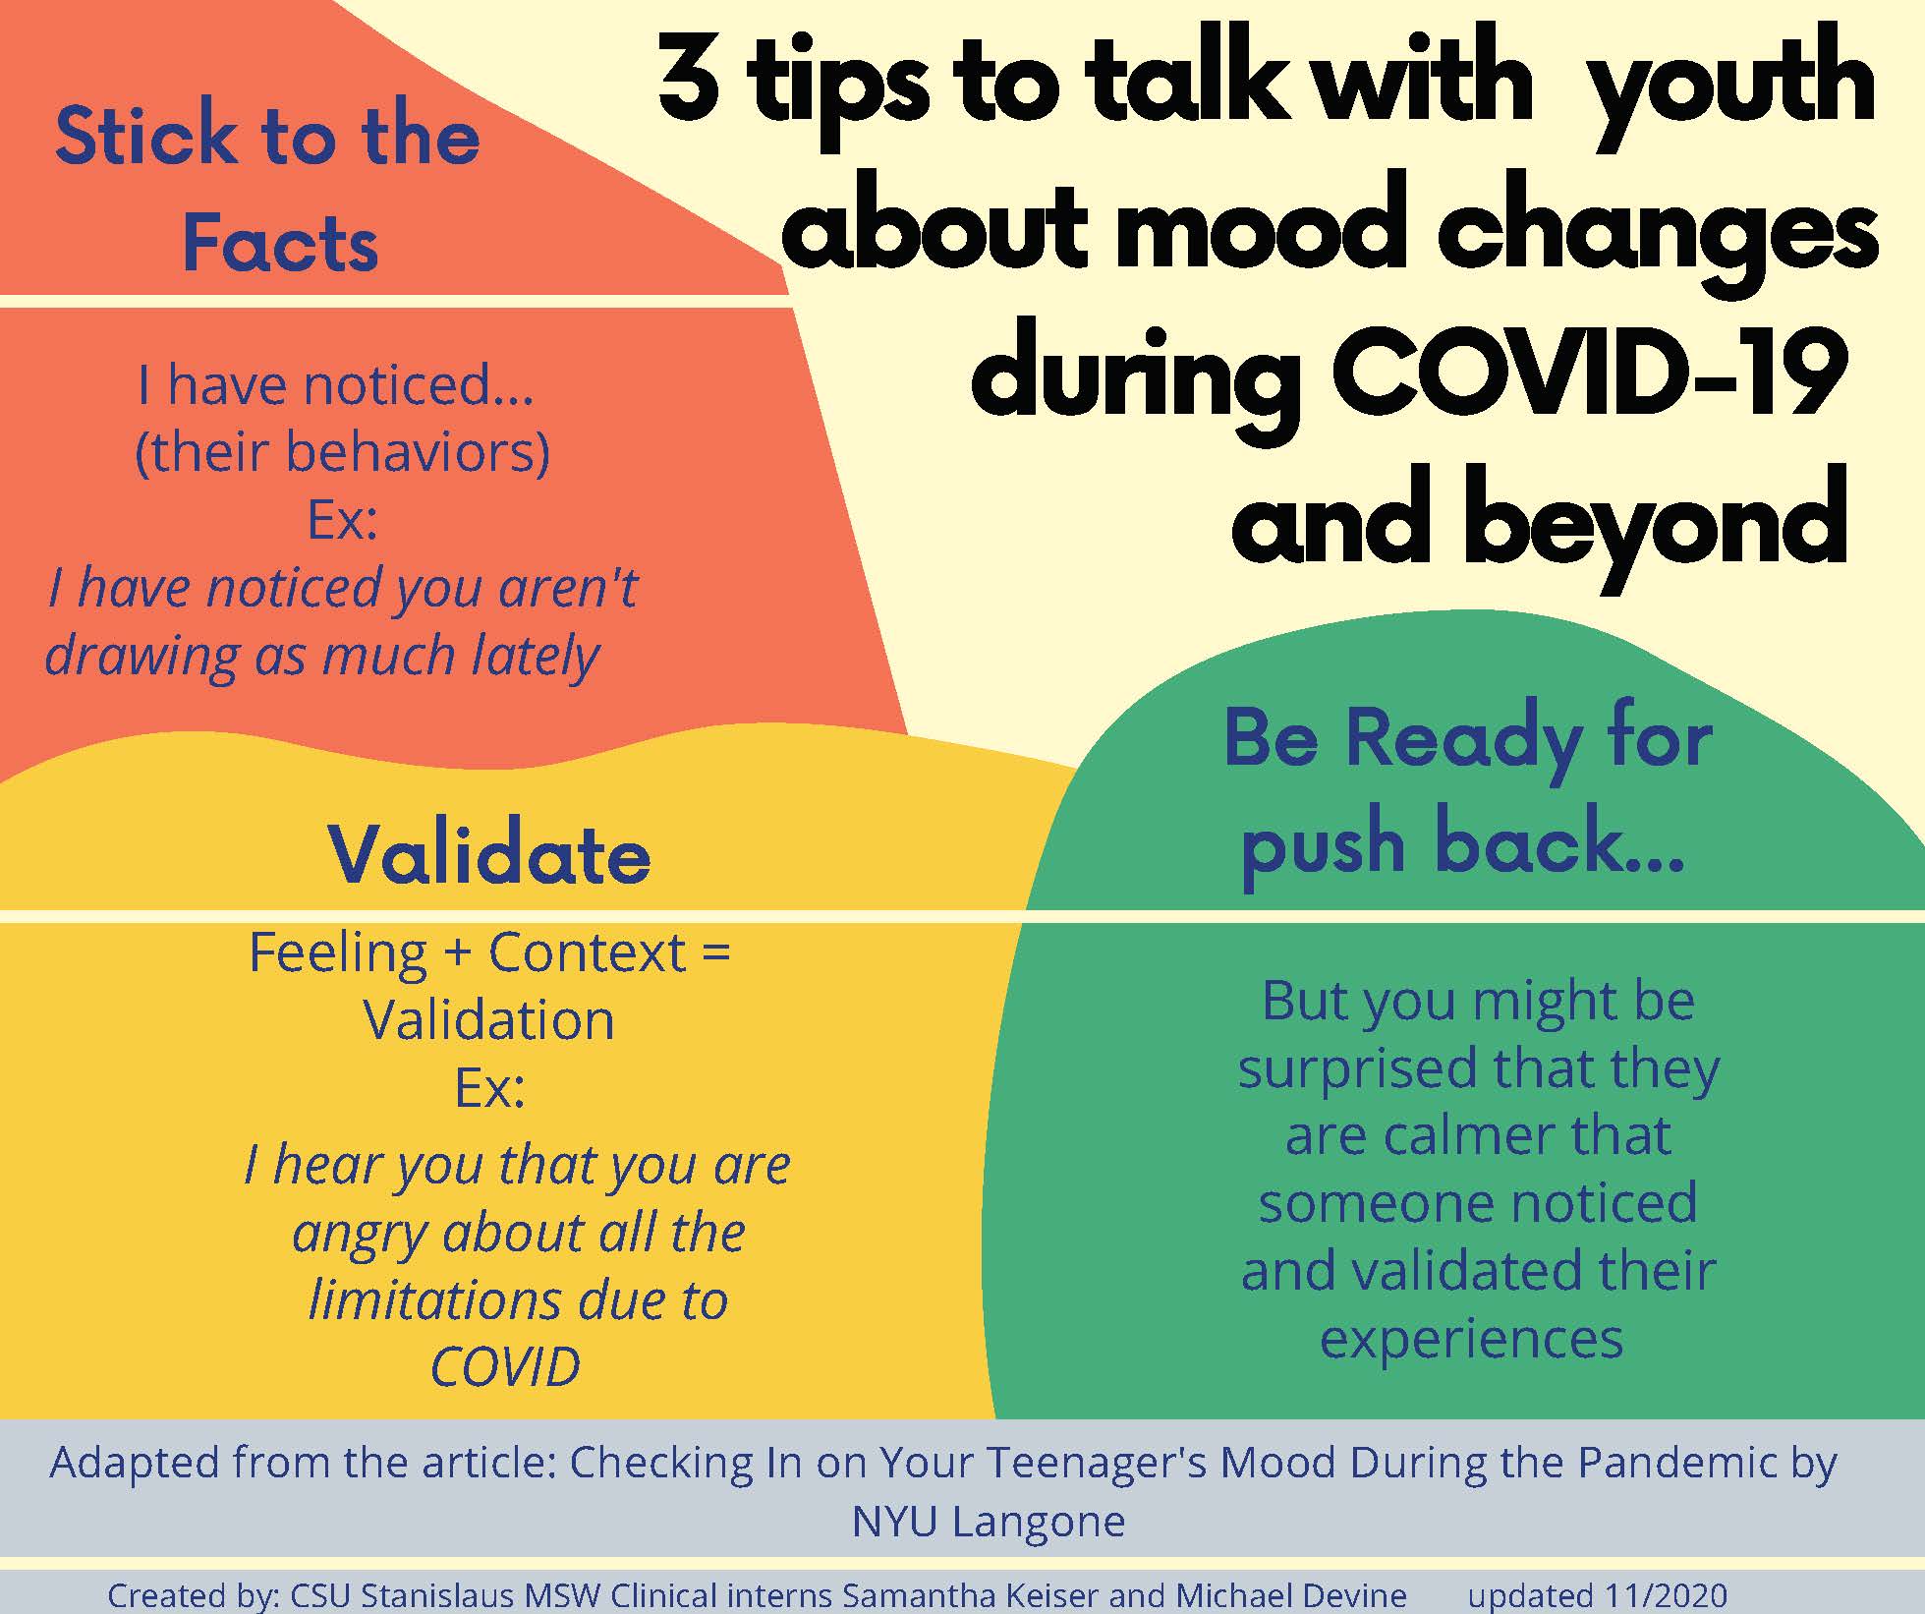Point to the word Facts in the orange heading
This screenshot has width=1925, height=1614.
coord(281,243)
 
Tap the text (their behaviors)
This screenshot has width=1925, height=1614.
coord(342,453)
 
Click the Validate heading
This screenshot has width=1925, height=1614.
coord(489,853)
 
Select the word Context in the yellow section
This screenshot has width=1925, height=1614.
coord(587,952)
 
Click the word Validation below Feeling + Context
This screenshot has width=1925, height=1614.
coord(489,1020)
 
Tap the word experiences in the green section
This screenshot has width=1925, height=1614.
coord(1471,1340)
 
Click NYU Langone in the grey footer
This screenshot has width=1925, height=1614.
coord(988,1522)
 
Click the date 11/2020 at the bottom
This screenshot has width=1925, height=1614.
coord(1667,1594)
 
